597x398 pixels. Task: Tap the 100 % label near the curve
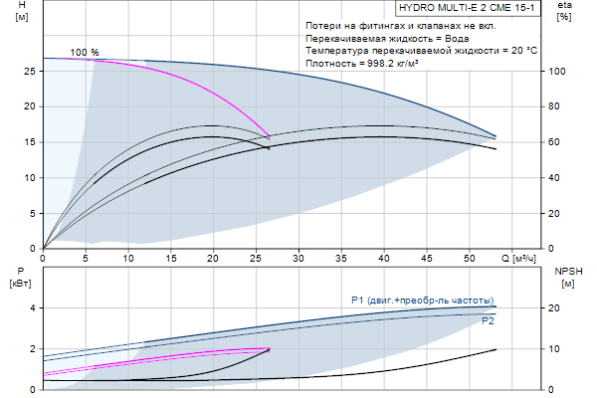pyautogui.click(x=85, y=52)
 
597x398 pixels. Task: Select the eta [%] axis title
pyautogui.click(x=564, y=13)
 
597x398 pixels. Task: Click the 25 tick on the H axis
pyautogui.click(x=29, y=72)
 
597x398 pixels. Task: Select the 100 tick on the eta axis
pyautogui.click(x=558, y=72)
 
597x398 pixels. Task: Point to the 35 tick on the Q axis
pyautogui.click(x=340, y=259)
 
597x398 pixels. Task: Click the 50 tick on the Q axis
pyautogui.click(x=468, y=259)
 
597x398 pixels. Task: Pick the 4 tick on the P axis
pyautogui.click(x=32, y=308)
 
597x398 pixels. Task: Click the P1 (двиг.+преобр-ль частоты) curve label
pyautogui.click(x=422, y=300)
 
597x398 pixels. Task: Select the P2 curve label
pyautogui.click(x=488, y=321)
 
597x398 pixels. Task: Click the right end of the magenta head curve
pyautogui.click(x=270, y=136)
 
